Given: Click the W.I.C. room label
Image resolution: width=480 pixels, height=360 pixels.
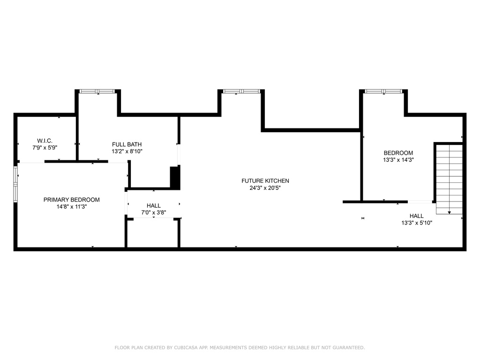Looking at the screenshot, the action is (x=45, y=141).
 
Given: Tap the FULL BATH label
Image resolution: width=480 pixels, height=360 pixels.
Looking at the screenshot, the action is (x=127, y=144).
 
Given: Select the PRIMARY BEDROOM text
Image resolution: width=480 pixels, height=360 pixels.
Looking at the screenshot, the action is (x=72, y=200).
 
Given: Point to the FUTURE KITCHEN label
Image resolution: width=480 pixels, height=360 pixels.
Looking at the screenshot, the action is (x=265, y=181).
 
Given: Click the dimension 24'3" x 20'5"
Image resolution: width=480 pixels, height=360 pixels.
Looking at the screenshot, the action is (x=265, y=188).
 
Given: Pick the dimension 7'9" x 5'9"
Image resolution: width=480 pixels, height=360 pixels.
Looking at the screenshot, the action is (x=45, y=148).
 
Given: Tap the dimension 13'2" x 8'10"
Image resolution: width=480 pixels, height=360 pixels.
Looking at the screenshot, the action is (x=127, y=151).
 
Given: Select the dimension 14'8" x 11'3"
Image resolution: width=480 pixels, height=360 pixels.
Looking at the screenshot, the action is (x=72, y=207).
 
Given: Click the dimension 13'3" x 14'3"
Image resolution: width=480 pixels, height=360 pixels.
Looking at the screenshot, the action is (x=398, y=160).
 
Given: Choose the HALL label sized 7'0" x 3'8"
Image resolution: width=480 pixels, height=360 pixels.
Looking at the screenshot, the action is (x=153, y=206).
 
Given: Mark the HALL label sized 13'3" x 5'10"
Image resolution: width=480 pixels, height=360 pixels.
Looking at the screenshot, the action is (x=417, y=216).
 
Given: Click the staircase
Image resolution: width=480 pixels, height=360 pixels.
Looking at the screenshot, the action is (x=449, y=179).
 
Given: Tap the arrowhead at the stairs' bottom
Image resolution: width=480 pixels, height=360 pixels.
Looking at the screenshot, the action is (x=449, y=212).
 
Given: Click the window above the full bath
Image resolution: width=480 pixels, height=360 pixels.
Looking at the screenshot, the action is (x=97, y=91).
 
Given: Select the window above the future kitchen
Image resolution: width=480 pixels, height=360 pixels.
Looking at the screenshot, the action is (x=241, y=91).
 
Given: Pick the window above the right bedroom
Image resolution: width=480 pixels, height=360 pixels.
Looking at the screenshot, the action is (x=383, y=91).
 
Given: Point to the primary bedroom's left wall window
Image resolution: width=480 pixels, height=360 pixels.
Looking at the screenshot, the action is (x=15, y=184).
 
